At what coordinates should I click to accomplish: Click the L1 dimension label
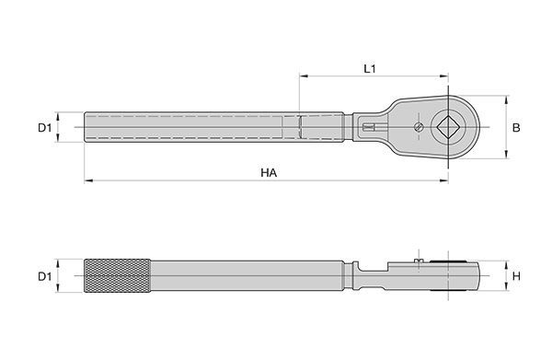click(370, 69)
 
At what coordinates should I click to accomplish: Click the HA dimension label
click(269, 172)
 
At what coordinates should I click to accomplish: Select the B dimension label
click(516, 127)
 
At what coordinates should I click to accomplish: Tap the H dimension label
click(516, 276)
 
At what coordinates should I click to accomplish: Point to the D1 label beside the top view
click(45, 127)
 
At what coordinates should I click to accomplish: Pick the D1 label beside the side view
click(45, 276)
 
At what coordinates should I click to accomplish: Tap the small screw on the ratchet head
click(419, 127)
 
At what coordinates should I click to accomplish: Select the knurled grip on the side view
click(118, 276)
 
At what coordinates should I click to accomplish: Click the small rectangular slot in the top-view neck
click(368, 127)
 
